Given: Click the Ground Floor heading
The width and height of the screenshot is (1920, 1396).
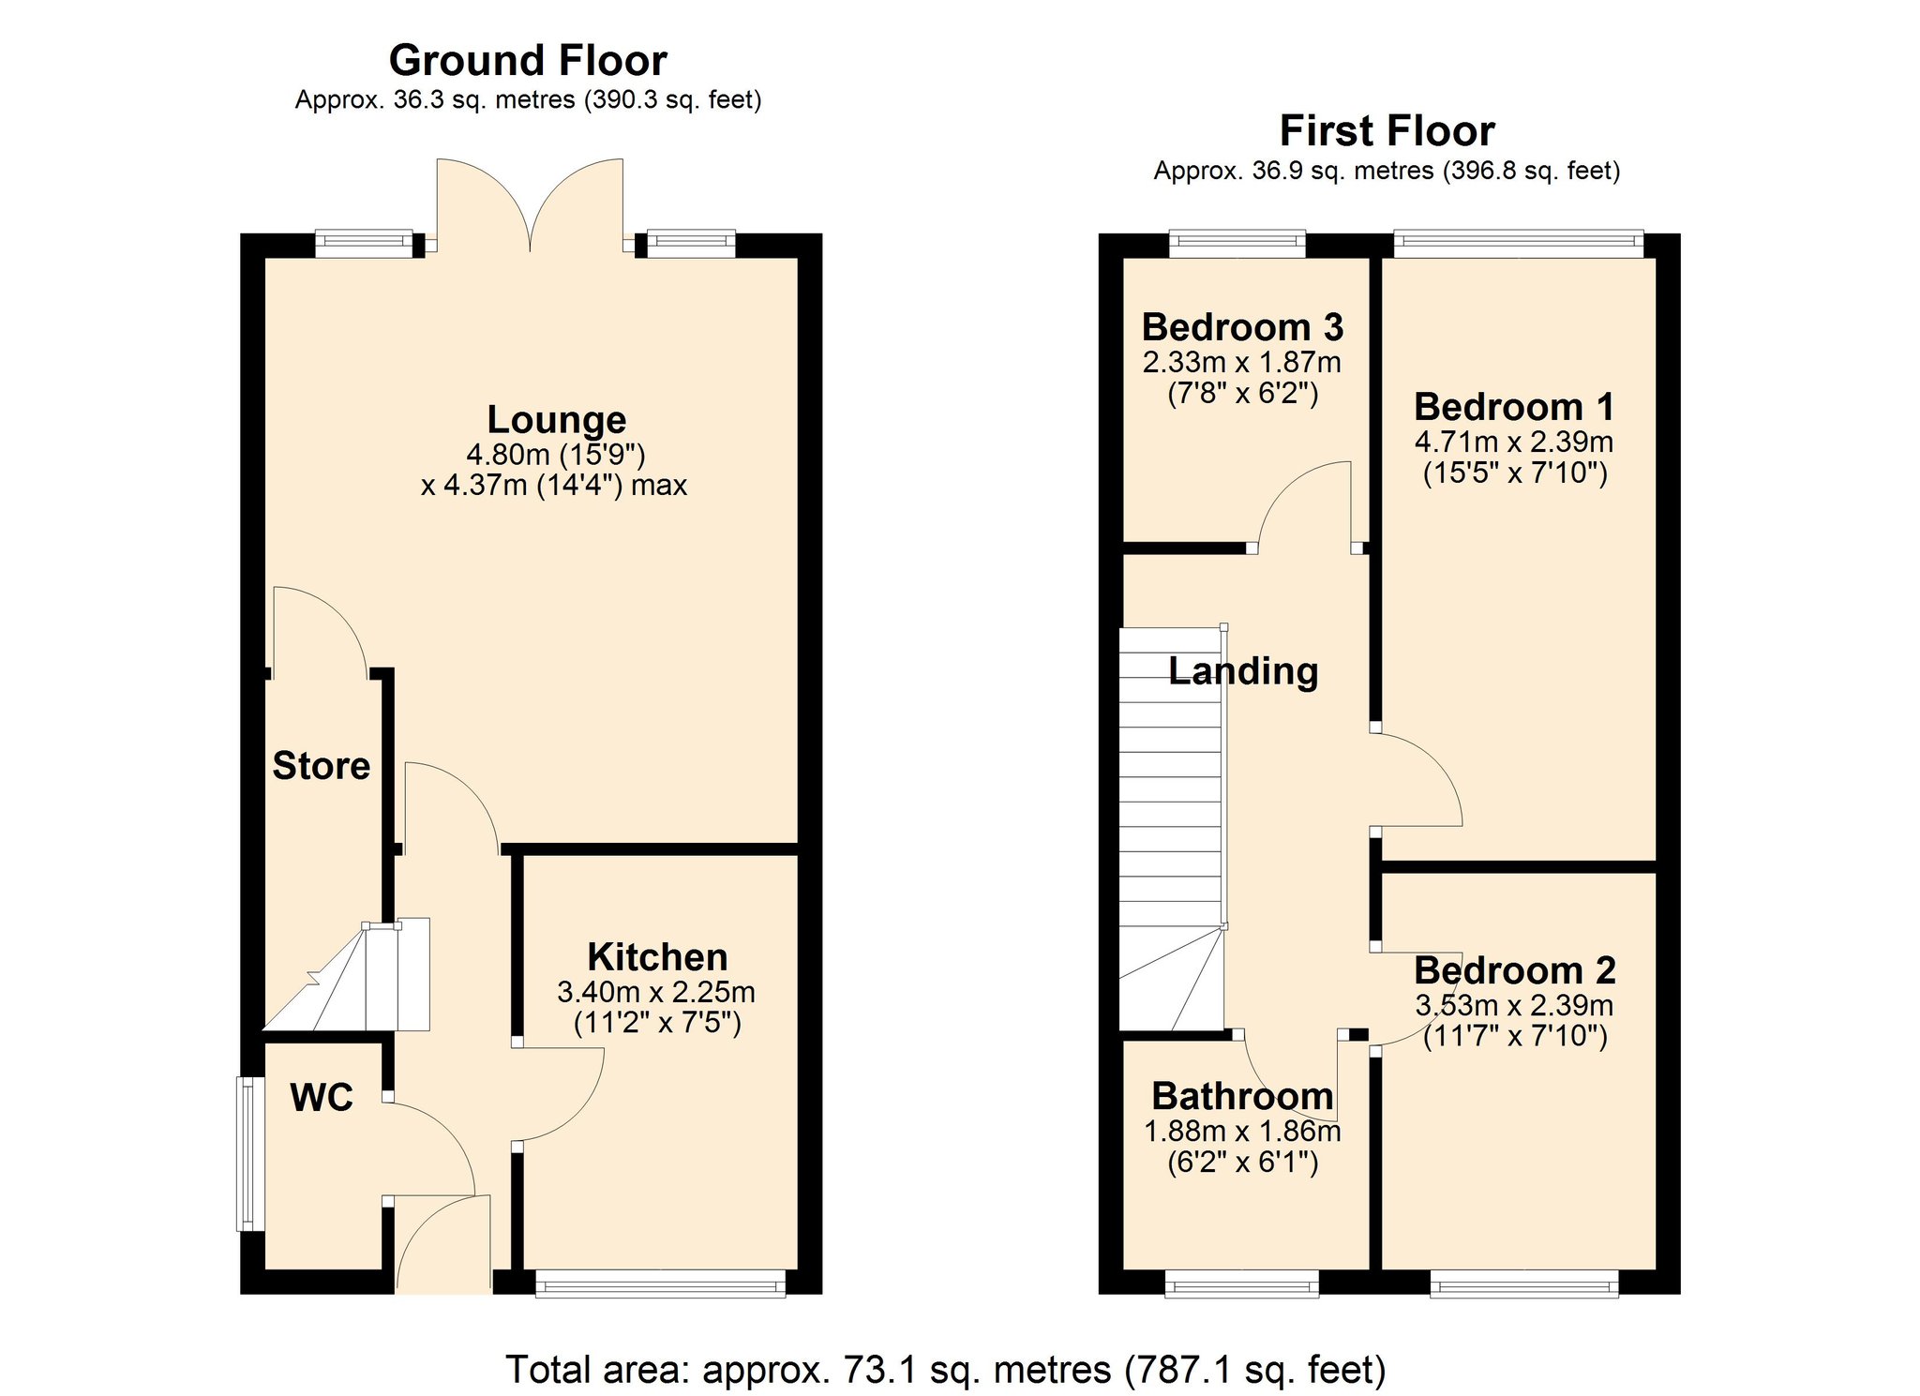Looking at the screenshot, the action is pyautogui.click(x=528, y=61).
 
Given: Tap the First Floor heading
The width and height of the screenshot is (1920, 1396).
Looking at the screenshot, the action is pyautogui.click(x=1387, y=131).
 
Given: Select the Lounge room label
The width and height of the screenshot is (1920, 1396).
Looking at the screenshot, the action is pyautogui.click(x=557, y=420).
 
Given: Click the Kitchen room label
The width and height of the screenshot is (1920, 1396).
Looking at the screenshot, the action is pyautogui.click(x=657, y=957).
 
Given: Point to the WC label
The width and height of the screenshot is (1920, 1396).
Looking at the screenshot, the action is pyautogui.click(x=322, y=1098).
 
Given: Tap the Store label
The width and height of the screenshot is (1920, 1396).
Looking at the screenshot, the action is pyautogui.click(x=322, y=766).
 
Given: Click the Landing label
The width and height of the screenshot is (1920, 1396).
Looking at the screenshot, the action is pyautogui.click(x=1243, y=671).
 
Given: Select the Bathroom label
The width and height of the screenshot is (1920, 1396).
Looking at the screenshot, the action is pyautogui.click(x=1242, y=1096).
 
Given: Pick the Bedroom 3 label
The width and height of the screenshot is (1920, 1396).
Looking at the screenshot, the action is pyautogui.click(x=1242, y=327).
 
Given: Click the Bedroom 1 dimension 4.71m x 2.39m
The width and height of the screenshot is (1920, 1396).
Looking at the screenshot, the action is pyautogui.click(x=1514, y=442).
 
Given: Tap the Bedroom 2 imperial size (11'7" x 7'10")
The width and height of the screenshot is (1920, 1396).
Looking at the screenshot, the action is pyautogui.click(x=1515, y=1037).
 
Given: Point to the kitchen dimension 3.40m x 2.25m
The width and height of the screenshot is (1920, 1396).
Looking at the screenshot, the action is pyautogui.click(x=656, y=992).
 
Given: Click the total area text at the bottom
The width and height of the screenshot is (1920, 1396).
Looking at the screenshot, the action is pyautogui.click(x=945, y=1370).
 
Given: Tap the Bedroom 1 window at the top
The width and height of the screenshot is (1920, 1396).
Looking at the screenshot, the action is pyautogui.click(x=1519, y=245).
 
